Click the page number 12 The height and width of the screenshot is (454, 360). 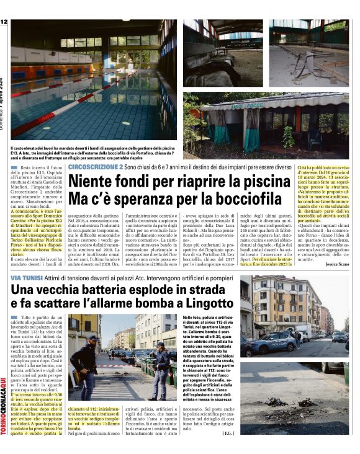pyautogui.click(x=4, y=22)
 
